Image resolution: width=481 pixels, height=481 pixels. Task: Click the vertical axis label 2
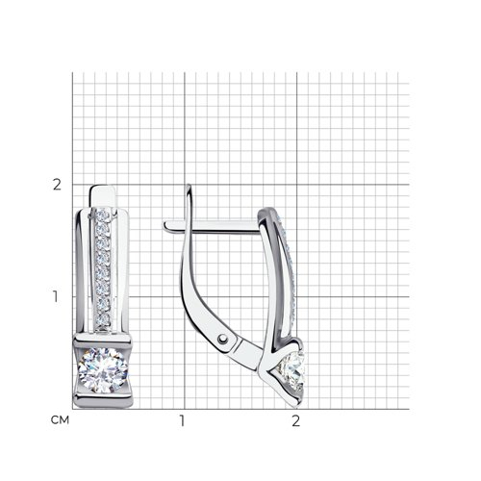point(57,185)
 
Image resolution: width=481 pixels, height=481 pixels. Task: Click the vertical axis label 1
point(56,296)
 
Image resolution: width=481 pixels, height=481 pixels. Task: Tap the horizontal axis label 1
point(182,420)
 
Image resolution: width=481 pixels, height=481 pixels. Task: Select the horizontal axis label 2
point(295,420)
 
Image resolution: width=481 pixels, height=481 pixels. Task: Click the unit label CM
point(60,420)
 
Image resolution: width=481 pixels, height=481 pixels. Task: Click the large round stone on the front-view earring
point(103,370)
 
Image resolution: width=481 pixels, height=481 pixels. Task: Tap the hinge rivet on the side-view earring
point(222,339)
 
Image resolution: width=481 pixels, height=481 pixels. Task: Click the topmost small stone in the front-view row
point(103,215)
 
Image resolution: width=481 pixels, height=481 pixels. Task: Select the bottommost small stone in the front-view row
point(103,319)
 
